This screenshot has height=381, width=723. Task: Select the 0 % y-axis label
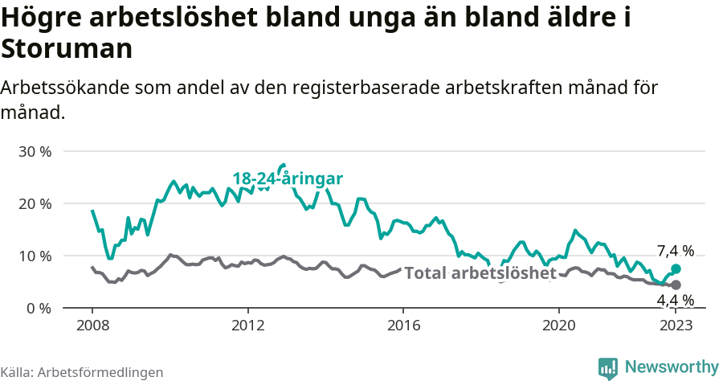(x=38, y=308)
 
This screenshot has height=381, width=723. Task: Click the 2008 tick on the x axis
(x=92, y=327)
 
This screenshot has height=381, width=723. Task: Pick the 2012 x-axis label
(x=247, y=327)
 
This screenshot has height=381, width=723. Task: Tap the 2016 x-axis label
(x=403, y=327)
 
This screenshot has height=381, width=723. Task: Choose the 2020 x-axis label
(x=559, y=327)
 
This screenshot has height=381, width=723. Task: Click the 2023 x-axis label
(x=676, y=327)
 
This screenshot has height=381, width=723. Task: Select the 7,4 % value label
(x=675, y=250)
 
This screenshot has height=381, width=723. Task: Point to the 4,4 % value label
(x=675, y=301)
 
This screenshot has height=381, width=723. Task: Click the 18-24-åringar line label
(x=288, y=179)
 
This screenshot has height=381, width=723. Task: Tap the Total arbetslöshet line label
(x=480, y=273)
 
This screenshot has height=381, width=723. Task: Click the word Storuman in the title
(x=67, y=49)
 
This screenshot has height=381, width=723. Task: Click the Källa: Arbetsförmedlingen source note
(x=82, y=372)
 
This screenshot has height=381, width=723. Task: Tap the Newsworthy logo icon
(x=608, y=367)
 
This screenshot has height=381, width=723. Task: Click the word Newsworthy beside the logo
(x=672, y=367)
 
